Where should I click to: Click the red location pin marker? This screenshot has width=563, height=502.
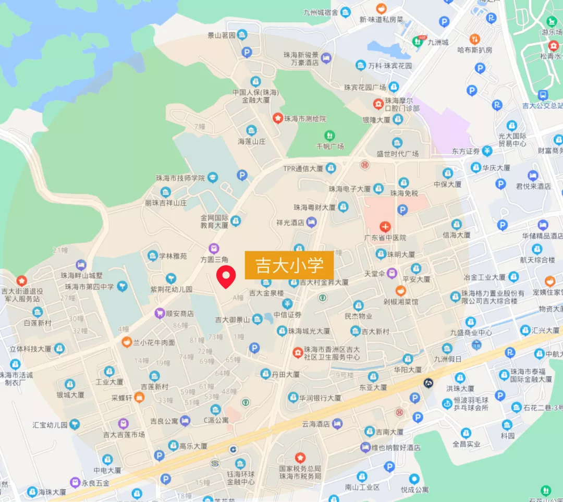(226, 276)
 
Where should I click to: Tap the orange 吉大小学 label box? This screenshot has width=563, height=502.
(289, 265)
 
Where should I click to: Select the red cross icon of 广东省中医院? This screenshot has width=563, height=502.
(385, 227)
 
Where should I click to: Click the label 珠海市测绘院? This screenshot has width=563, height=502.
(304, 119)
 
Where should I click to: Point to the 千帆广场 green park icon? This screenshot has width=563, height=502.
(329, 136)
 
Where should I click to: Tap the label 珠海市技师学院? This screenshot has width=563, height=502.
(180, 178)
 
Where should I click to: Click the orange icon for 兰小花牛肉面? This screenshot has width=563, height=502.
(126, 342)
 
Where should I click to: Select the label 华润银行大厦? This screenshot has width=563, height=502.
(320, 398)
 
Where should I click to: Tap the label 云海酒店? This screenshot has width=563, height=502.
(316, 424)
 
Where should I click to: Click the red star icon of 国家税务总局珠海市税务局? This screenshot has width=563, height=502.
(300, 458)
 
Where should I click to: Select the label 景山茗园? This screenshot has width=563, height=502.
(221, 35)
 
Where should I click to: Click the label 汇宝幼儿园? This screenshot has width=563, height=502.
(50, 424)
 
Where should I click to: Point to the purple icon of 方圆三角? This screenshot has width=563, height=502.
(213, 248)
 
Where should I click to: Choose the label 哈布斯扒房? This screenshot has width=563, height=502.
(474, 50)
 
